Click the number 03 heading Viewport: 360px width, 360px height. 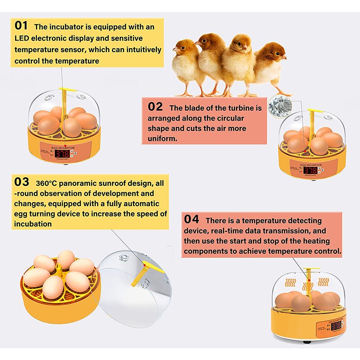point(22,182)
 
